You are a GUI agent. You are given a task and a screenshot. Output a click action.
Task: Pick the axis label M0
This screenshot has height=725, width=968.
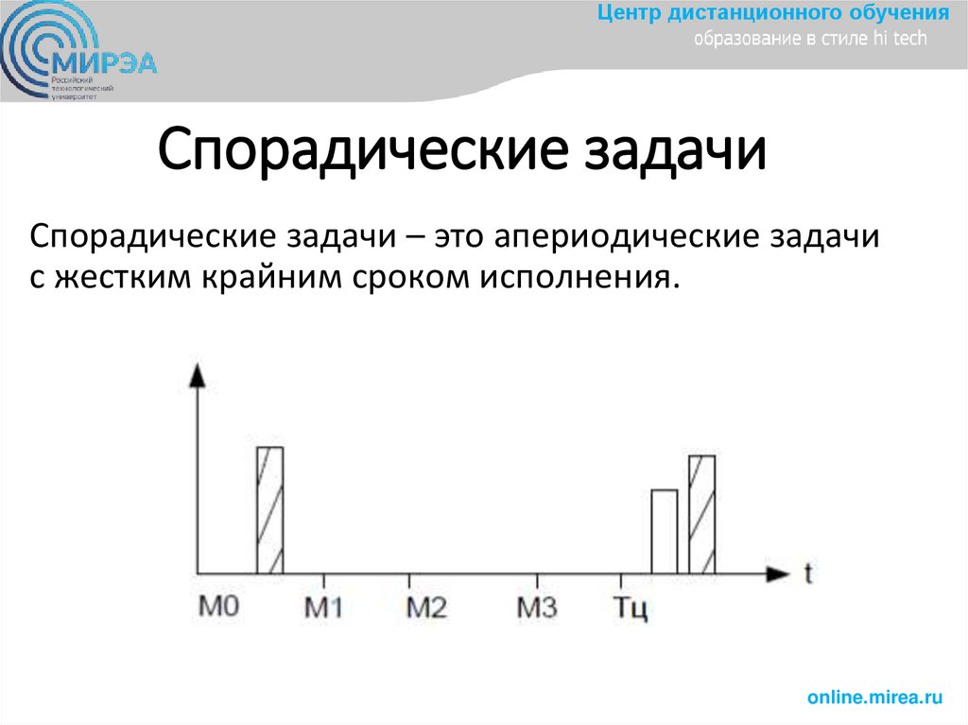coord(217,605)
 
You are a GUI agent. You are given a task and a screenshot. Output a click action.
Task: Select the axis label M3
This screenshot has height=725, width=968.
coord(537,607)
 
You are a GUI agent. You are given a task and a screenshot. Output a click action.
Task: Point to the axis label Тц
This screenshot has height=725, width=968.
coord(630,607)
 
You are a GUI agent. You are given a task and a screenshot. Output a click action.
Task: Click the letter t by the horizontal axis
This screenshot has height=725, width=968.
coord(809,574)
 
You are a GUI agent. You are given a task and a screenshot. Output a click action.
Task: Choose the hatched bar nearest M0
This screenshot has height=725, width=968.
coord(270,509)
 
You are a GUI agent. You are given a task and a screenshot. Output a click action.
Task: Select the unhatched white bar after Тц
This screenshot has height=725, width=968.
coord(665,531)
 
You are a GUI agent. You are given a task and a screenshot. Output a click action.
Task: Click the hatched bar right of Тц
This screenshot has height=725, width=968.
coord(702,514)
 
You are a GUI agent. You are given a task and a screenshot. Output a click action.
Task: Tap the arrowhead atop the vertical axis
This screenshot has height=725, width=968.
coord(198,374)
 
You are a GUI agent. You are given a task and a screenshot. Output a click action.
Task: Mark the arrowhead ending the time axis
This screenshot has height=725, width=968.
coord(777,573)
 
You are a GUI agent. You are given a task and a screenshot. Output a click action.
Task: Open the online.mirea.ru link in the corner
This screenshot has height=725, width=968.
coord(875,698)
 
